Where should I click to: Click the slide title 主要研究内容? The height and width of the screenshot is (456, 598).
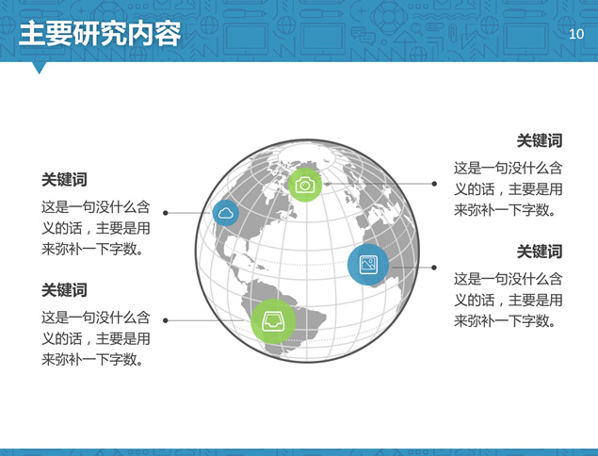tap(100, 34)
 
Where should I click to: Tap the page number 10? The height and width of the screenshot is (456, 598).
tap(576, 34)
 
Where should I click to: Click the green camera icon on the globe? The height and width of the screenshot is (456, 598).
tap(305, 185)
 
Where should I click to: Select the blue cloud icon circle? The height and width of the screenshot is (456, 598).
tap(226, 213)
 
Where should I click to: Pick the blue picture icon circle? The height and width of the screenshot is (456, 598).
tap(368, 265)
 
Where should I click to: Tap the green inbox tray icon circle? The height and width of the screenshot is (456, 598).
tap(273, 321)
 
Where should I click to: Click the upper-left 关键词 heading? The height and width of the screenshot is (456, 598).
tap(64, 179)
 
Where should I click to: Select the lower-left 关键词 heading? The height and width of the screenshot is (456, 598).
tap(64, 290)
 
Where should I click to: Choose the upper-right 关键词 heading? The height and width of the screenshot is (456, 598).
tap(540, 140)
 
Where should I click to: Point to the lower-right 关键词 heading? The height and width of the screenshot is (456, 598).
tap(540, 252)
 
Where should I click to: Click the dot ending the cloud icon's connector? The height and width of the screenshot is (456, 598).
tap(166, 213)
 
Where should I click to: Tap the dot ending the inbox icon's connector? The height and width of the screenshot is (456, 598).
tap(166, 320)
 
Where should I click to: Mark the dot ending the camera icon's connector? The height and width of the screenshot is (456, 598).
tap(434, 184)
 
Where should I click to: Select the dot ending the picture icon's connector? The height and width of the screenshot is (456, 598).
tap(434, 268)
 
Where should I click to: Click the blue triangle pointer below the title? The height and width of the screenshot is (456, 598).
tap(39, 68)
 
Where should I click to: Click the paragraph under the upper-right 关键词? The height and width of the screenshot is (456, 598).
tap(508, 188)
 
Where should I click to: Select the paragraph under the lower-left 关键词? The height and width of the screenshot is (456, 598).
tap(96, 338)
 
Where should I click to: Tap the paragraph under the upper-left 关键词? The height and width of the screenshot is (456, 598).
tap(96, 228)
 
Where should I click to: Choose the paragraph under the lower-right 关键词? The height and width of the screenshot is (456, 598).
tap(508, 300)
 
